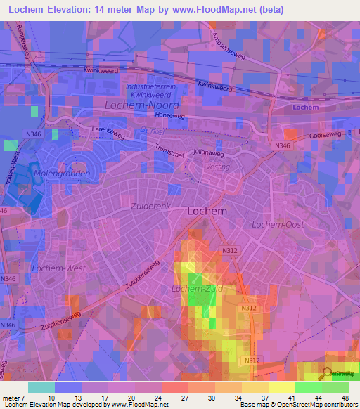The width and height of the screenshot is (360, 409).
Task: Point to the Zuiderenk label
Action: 151,207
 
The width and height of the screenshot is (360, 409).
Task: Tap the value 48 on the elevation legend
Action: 345,397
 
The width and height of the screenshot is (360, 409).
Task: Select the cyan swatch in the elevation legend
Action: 41,387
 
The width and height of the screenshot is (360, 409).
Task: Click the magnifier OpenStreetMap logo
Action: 327,374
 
